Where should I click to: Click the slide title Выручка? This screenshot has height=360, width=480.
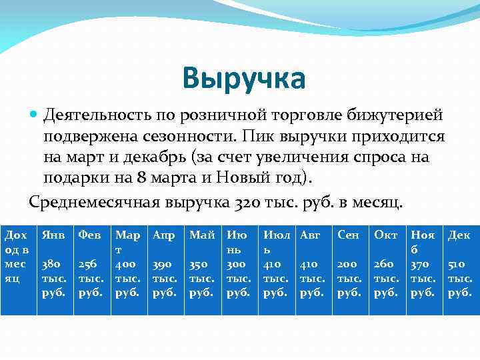[x=244, y=79]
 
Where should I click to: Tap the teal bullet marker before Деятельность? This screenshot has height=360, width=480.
[x=34, y=115]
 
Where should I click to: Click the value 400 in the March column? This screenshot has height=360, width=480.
[x=126, y=265]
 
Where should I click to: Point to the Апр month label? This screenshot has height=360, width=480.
[x=163, y=235]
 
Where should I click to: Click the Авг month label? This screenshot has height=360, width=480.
[x=311, y=235]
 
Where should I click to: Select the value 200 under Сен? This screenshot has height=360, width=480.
[x=348, y=265]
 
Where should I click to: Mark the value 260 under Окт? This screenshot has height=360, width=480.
[x=385, y=265]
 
